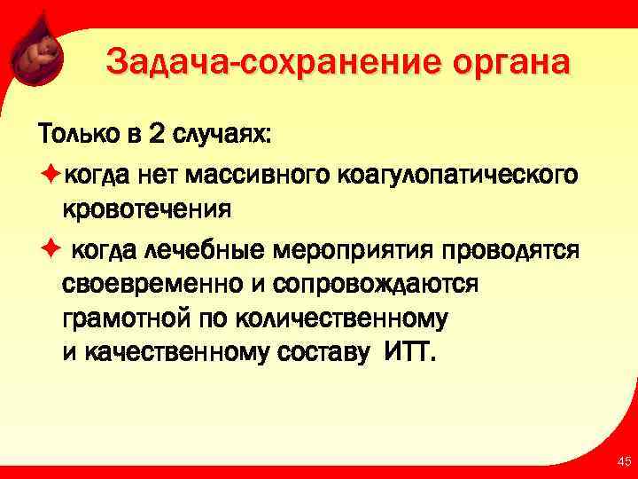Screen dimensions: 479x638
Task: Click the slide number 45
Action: pyautogui.click(x=624, y=461)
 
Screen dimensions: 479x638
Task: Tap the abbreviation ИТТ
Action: pyautogui.click(x=410, y=354)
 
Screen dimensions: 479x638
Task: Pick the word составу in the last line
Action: pyautogui.click(x=327, y=354)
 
